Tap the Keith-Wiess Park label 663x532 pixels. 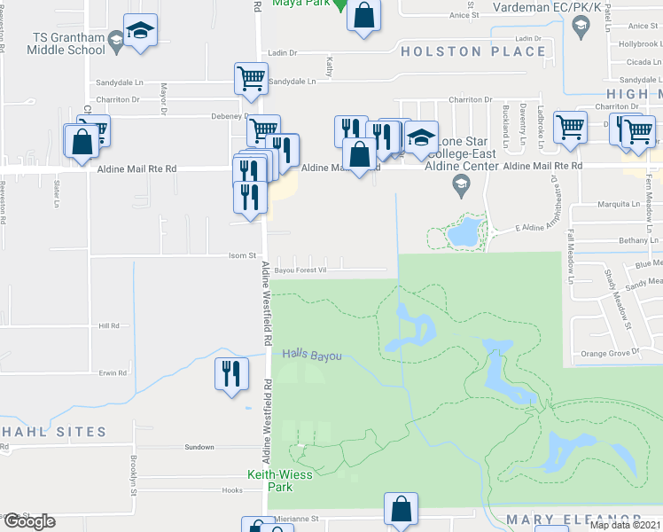(269, 480)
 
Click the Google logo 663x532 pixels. (28, 521)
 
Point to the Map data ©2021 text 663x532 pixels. (624, 525)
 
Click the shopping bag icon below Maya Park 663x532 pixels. (363, 17)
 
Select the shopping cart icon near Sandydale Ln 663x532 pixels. (251, 77)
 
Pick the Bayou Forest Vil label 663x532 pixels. (300, 270)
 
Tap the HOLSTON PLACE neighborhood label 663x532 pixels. (473, 51)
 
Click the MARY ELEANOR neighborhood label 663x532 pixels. (573, 519)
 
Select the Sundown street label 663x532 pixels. (199, 447)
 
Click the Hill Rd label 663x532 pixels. (108, 326)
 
